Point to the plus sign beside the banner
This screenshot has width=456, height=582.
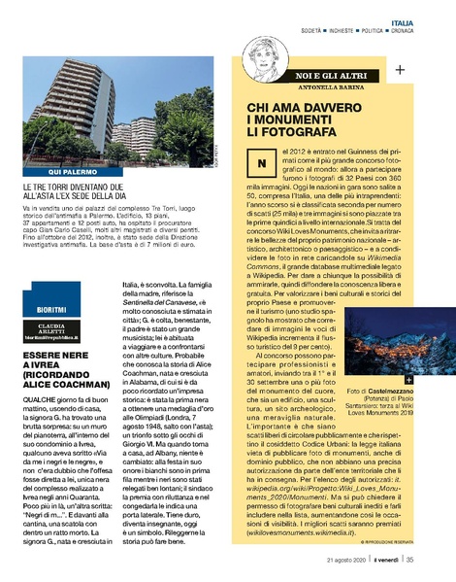pos(401,71)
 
